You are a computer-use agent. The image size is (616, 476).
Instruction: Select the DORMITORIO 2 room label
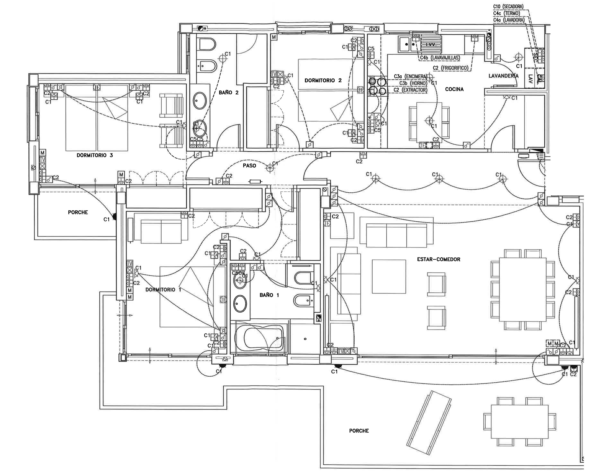coord(323,80)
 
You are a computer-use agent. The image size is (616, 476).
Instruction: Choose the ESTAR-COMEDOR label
coord(439,259)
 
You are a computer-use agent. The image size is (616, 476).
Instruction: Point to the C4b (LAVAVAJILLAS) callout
coord(440,58)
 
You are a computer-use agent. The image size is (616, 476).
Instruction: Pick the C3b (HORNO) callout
coord(413,83)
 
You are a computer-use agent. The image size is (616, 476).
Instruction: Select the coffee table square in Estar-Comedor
coord(389,277)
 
